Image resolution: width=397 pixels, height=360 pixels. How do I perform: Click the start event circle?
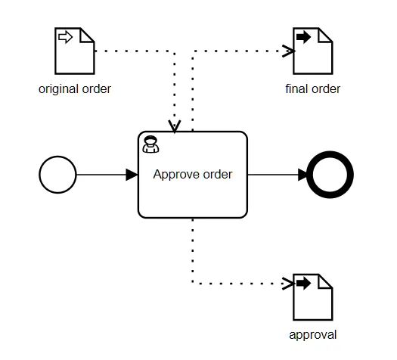click(57, 175)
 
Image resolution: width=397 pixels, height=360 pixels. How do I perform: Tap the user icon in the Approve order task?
click(150, 144)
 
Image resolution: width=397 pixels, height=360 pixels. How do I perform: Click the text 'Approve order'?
click(192, 175)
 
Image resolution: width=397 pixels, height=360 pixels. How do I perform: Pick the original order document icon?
click(74, 51)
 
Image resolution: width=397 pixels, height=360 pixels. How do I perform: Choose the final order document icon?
click(312, 51)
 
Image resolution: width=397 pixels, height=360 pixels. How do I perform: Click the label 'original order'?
click(75, 89)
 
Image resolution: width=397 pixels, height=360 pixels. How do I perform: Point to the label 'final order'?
click(312, 89)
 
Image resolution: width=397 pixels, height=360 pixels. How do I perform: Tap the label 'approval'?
click(312, 334)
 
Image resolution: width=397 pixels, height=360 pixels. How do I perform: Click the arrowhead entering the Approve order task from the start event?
click(132, 175)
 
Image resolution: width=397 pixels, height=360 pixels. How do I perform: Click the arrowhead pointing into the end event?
click(305, 175)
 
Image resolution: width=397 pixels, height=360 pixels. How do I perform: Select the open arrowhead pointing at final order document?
click(288, 51)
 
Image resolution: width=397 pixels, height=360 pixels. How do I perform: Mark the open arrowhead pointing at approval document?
click(288, 284)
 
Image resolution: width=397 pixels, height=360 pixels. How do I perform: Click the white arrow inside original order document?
click(65, 38)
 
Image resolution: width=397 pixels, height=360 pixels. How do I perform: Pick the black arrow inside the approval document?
click(303, 283)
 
